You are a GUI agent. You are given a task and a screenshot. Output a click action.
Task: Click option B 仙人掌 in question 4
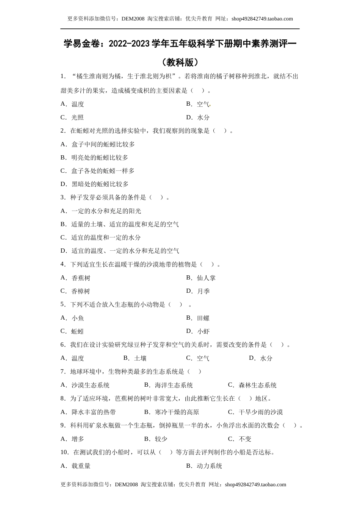[201, 278]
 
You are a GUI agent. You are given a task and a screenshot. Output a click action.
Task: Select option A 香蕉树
[76, 278]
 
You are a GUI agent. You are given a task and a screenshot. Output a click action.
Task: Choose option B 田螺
[198, 318]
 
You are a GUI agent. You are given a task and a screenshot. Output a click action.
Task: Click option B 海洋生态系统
[169, 385]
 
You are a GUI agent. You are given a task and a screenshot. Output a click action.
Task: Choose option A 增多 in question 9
[73, 439]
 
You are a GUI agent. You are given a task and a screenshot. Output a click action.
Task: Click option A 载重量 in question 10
[76, 466]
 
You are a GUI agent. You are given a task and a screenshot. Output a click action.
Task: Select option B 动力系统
[204, 466]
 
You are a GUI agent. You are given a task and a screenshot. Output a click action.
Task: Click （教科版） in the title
[180, 62]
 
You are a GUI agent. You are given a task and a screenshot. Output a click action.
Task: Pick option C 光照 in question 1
[72, 117]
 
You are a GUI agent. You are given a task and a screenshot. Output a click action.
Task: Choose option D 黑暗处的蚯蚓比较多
[95, 184]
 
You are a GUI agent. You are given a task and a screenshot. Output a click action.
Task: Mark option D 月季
[198, 291]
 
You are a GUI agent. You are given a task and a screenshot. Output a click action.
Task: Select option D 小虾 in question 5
[198, 331]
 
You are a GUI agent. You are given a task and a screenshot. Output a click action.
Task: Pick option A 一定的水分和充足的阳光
[101, 211]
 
